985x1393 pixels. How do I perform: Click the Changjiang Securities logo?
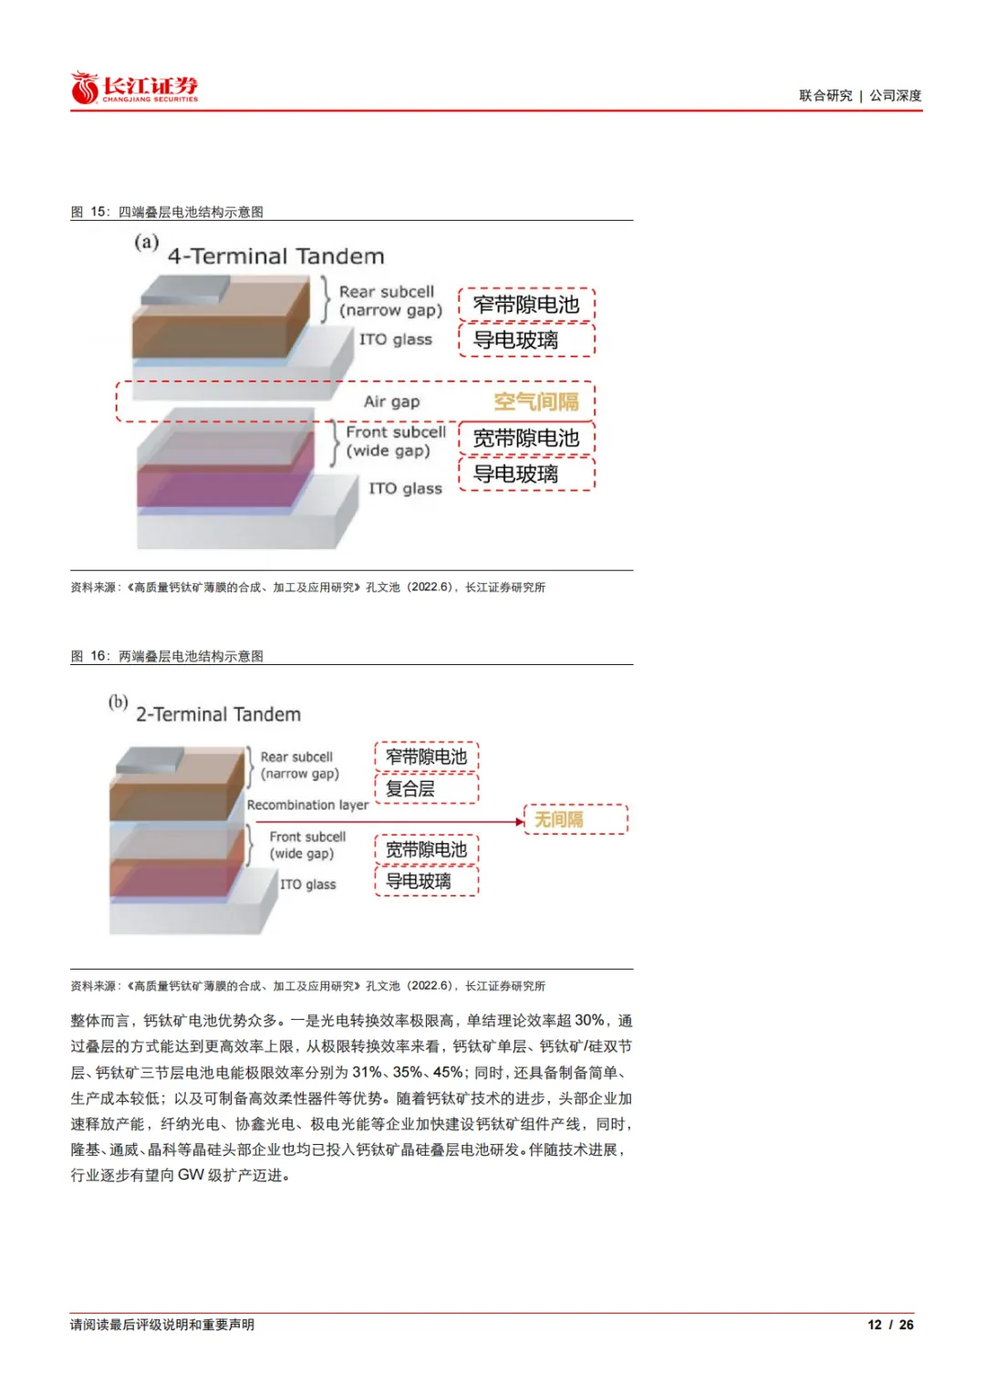[134, 88]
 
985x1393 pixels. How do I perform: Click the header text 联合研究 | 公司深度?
[859, 96]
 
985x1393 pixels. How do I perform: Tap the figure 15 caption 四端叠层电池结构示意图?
[191, 212]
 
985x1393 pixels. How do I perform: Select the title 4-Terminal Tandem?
[275, 256]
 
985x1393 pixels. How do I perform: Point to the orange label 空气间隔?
[536, 402]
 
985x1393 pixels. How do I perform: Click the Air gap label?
[391, 402]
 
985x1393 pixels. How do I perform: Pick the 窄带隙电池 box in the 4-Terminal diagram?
[526, 305]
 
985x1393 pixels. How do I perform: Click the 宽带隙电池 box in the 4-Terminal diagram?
[526, 439]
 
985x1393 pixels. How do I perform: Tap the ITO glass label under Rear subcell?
[395, 339]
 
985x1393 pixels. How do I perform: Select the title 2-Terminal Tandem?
[218, 714]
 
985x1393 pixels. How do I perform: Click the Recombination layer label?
[307, 806]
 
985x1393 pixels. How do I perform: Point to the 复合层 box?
[426, 788]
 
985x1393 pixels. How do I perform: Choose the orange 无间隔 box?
[575, 819]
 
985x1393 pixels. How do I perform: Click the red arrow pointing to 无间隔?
[447, 822]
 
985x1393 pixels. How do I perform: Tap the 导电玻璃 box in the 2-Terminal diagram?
[426, 881]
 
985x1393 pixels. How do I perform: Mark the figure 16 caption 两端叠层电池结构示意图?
[191, 656]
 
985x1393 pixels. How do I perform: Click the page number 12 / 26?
[890, 1325]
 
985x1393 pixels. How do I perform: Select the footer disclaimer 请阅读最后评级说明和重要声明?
[162, 1325]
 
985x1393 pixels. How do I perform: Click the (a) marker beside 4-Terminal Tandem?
[146, 243]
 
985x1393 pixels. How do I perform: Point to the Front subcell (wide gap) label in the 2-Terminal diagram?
[306, 845]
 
